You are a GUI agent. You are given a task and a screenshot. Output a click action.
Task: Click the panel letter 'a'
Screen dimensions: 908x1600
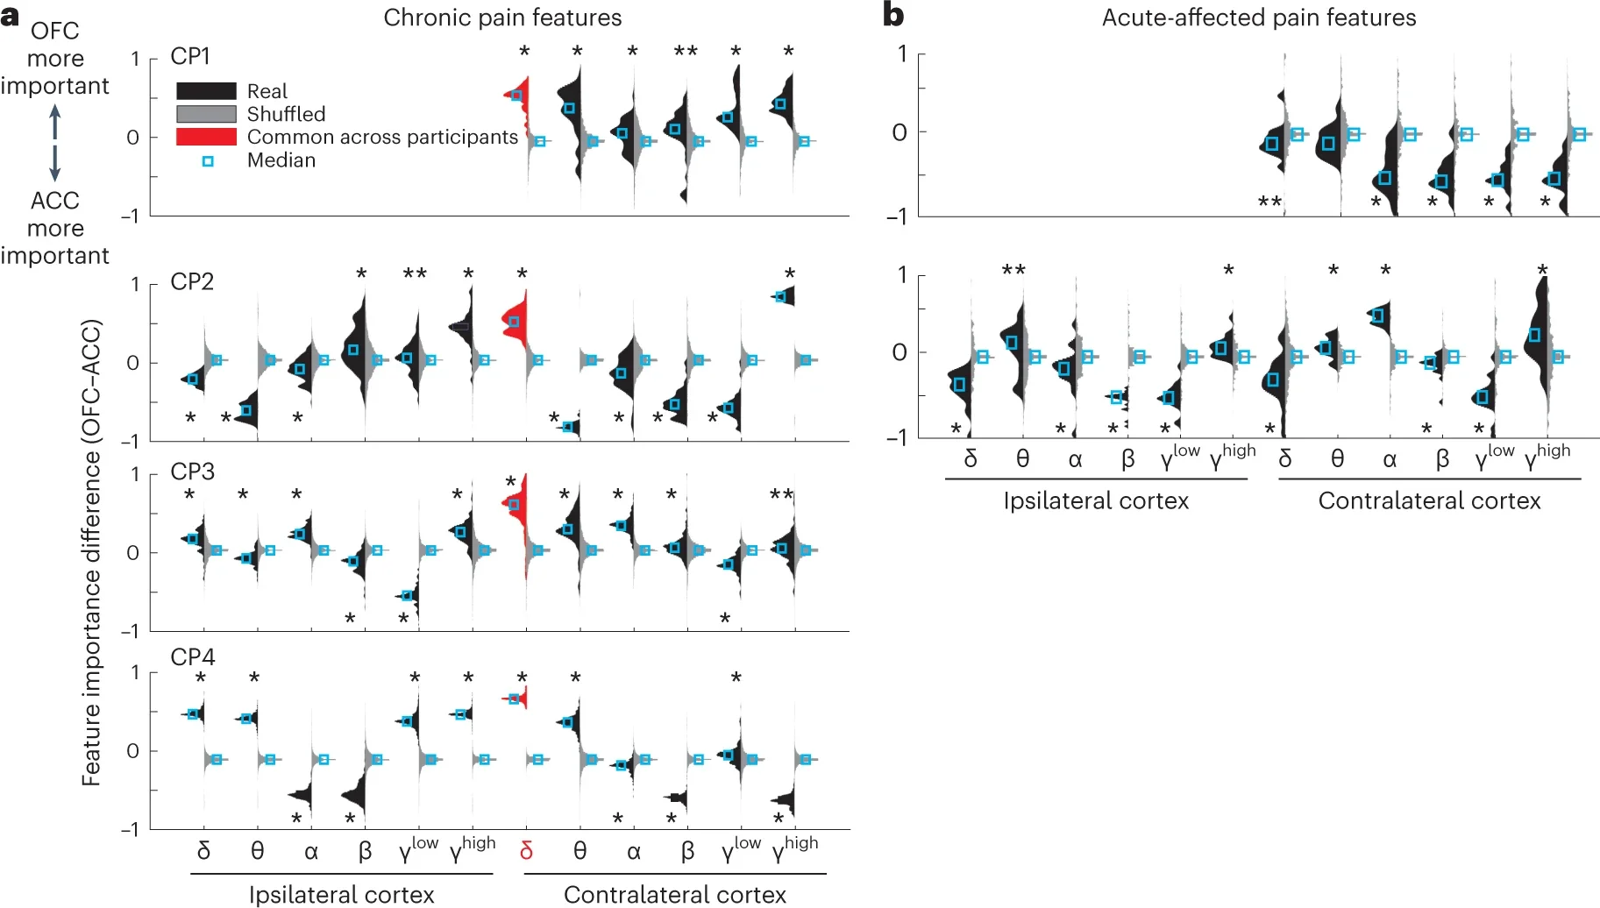11,16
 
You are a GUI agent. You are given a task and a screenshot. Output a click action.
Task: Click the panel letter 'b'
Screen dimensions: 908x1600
893,15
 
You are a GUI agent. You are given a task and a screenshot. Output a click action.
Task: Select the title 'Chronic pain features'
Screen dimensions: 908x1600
502,18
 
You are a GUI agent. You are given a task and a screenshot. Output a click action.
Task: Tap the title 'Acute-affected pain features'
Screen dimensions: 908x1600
1258,18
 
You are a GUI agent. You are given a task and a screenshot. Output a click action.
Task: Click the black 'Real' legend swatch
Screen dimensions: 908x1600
206,91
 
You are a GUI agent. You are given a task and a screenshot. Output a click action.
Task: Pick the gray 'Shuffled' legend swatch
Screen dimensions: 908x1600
206,114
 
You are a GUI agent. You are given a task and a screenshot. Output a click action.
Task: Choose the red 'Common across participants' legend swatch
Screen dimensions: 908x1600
206,137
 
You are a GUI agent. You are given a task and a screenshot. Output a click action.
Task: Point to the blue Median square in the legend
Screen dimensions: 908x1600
208,161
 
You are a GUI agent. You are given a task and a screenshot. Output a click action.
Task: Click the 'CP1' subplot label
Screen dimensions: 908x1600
190,56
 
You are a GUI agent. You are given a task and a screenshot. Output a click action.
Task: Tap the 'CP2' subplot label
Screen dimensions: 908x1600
192,281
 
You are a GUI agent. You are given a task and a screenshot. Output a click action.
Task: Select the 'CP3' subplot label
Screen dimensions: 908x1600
192,472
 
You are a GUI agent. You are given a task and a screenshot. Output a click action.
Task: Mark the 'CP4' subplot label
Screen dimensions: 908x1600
192,657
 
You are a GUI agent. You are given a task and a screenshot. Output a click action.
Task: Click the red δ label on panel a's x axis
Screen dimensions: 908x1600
526,851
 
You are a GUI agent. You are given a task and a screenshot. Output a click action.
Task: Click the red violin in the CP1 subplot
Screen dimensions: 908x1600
519,101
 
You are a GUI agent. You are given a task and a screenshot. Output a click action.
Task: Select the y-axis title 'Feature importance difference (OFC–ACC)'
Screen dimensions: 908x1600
91,552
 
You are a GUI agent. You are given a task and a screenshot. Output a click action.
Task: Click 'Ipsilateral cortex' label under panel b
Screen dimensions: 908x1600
1096,500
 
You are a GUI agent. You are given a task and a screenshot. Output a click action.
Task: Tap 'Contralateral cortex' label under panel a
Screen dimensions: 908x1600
674,894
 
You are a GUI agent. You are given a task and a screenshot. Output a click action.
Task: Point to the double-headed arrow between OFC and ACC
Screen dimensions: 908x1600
55,143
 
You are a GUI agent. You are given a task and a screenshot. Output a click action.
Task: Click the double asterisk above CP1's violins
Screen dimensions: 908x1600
686,52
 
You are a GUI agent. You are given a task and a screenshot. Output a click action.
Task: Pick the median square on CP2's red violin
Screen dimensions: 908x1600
515,323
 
